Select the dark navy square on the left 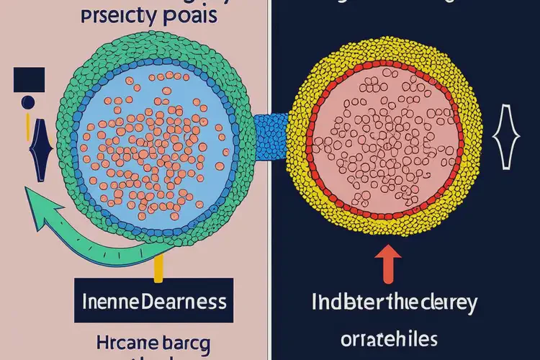30,79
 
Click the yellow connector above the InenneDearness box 158,266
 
